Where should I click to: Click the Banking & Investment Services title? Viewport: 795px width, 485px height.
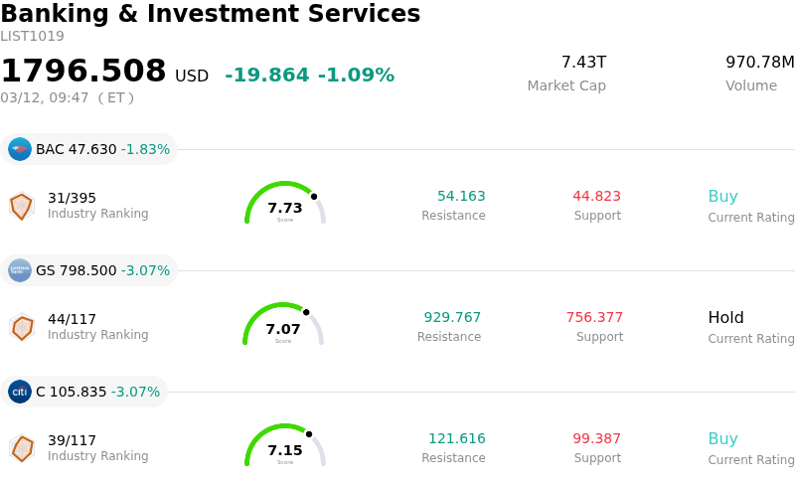(211, 14)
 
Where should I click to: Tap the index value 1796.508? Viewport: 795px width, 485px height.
(83, 72)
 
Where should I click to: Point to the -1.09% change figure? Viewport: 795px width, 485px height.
(356, 76)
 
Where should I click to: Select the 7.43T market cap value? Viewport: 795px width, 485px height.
(583, 63)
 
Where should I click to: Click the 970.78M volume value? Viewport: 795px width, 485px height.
(759, 63)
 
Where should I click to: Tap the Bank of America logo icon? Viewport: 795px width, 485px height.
(20, 149)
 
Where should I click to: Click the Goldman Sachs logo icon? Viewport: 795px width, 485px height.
(20, 270)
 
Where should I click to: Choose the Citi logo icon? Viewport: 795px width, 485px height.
(20, 392)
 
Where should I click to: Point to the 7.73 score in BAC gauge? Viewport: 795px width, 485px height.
(285, 208)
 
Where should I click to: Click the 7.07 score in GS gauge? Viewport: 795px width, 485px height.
(283, 329)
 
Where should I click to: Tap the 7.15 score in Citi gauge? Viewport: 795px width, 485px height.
(285, 450)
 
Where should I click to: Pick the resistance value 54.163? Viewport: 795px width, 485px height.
(461, 197)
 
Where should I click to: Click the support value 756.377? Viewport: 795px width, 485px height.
(594, 318)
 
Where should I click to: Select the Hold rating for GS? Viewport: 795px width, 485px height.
(725, 318)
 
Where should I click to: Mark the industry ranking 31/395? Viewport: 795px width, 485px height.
(72, 198)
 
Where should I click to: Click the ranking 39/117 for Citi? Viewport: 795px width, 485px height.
(72, 440)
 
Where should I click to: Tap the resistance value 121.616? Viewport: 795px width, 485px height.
(457, 439)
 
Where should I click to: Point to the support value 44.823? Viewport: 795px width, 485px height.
(596, 197)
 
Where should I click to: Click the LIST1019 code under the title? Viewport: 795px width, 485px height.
(32, 37)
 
